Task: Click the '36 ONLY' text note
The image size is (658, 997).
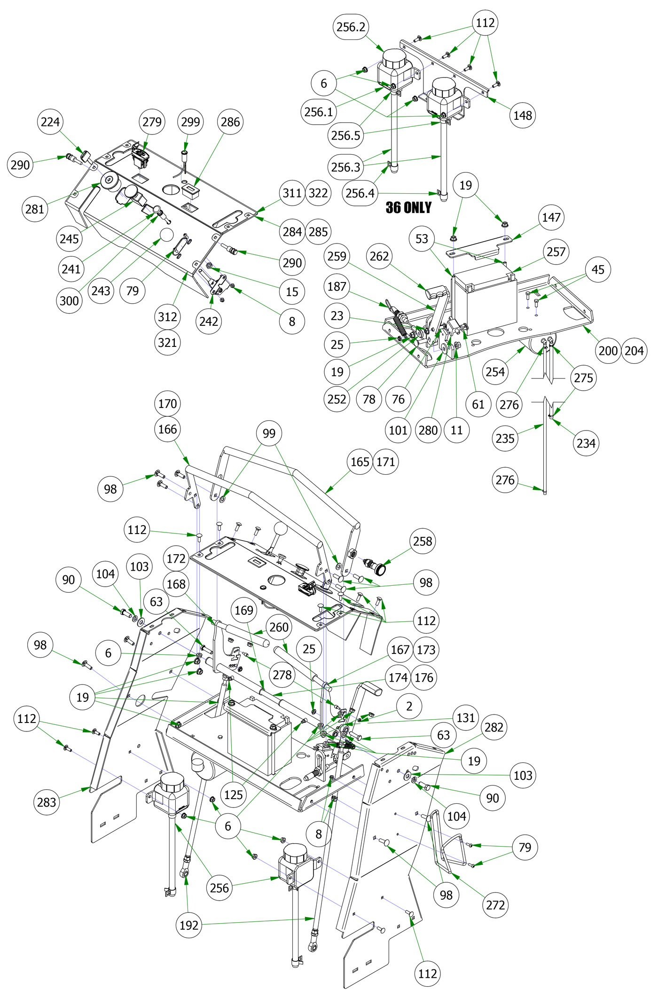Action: [x=408, y=208]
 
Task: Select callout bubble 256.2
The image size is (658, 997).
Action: [x=351, y=27]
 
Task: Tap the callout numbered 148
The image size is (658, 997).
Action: [x=523, y=115]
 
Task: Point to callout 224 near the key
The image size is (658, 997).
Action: [x=50, y=122]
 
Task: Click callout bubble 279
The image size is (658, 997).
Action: [x=152, y=122]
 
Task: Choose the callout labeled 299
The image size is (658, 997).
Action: [x=190, y=122]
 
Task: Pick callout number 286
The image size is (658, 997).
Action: [x=230, y=122]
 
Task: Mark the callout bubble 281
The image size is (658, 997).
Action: [x=35, y=209]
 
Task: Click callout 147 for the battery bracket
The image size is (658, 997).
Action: [x=551, y=217]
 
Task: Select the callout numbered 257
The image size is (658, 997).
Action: [x=556, y=251]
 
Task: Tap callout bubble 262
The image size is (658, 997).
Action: [x=379, y=256]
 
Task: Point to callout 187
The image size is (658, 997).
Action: [x=337, y=286]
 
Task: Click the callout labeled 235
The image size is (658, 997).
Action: [x=505, y=438]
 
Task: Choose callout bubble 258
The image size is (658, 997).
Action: [x=423, y=541]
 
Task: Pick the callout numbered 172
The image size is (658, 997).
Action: [x=176, y=558]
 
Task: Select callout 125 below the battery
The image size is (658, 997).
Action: [x=233, y=794]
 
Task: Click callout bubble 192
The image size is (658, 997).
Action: [x=189, y=925]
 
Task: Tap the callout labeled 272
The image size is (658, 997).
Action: [x=495, y=905]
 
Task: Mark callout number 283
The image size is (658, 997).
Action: [x=47, y=802]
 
